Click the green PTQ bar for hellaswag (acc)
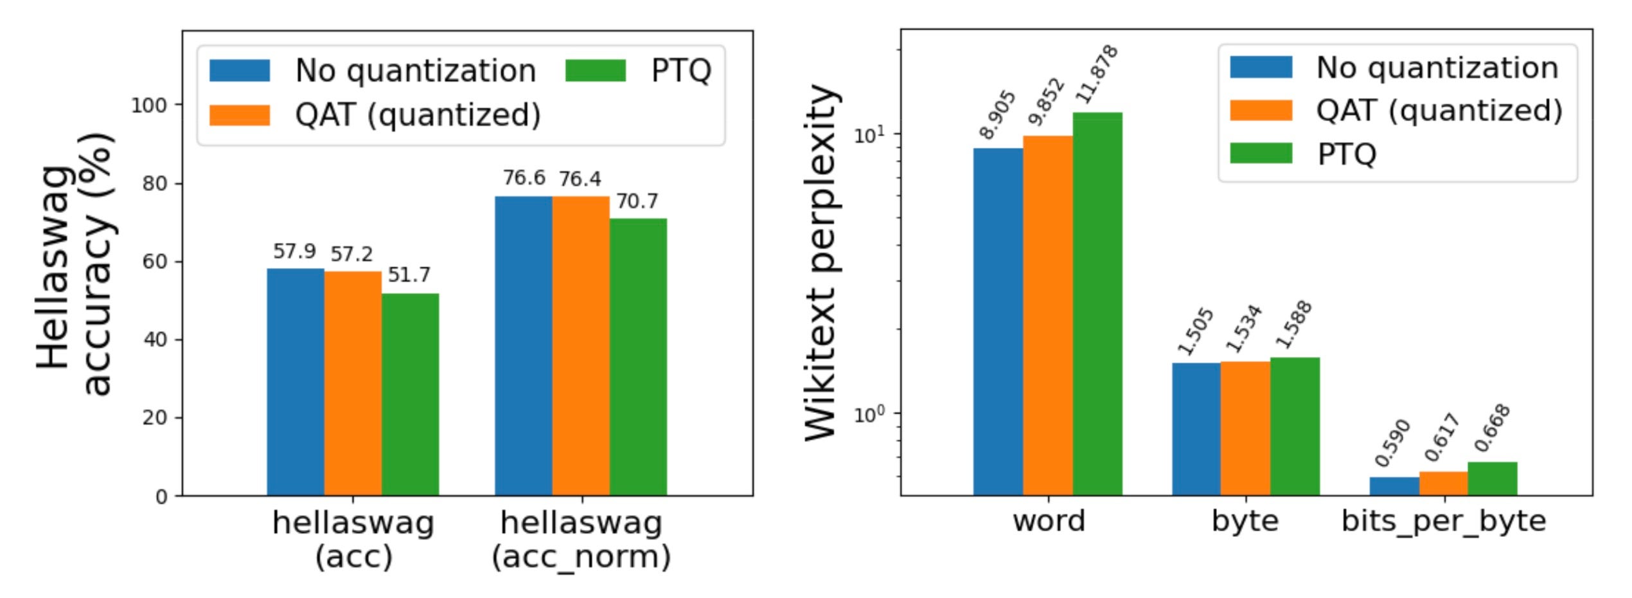tap(410, 394)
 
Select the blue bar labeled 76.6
tap(523, 345)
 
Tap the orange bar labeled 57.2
tap(353, 383)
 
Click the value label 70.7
tap(637, 202)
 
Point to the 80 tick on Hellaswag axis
tap(154, 184)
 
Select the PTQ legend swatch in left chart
tap(595, 71)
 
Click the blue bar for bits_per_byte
tap(1394, 486)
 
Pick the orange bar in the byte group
tap(1245, 428)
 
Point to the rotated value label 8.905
tap(997, 115)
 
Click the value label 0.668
tap(1492, 428)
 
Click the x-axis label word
tap(1049, 521)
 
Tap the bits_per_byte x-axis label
tap(1443, 521)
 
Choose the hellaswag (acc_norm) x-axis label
tap(581, 539)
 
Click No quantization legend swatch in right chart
tap(1261, 68)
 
